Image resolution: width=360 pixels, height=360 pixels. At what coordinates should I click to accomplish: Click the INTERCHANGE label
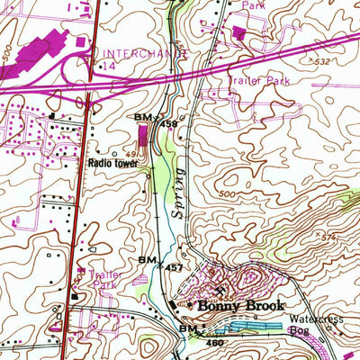145,53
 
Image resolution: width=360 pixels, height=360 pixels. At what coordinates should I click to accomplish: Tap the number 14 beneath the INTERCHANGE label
109,66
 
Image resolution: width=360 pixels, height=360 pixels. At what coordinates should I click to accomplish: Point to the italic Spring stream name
177,188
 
